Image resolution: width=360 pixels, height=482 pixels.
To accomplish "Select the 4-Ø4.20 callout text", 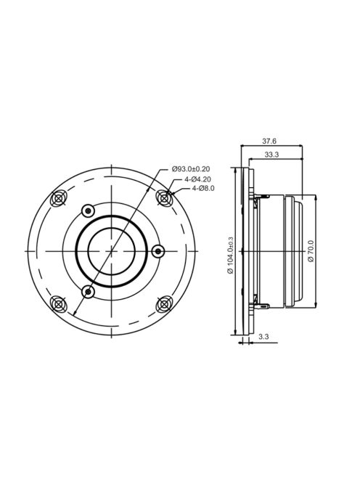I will [x=197, y=179].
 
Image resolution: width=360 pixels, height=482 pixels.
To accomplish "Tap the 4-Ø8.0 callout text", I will [x=203, y=188].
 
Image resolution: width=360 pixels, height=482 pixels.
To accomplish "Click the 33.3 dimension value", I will [x=274, y=155].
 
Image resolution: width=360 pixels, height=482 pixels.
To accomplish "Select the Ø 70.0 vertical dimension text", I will [x=311, y=250].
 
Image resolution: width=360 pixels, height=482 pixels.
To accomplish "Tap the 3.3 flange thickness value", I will [x=263, y=338].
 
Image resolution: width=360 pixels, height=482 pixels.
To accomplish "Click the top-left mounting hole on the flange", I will [x=60, y=197].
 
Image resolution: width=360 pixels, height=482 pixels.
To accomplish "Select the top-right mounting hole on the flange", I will [x=164, y=197].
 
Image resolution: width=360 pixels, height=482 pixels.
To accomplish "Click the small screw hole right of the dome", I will [x=159, y=250].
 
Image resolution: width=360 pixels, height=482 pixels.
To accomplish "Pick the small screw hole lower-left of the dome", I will [x=88, y=291].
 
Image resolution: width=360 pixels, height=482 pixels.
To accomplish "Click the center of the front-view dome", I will [x=111, y=250].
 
